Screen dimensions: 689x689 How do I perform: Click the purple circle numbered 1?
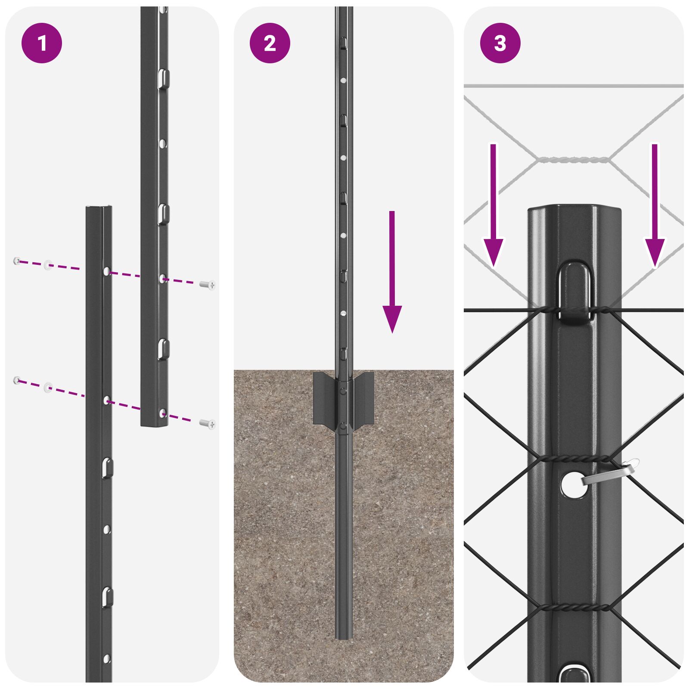tap(42, 43)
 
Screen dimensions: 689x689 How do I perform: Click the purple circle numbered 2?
tap(270, 43)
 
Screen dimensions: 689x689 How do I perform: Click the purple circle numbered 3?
tap(500, 43)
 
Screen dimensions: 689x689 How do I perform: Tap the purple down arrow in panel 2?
tap(392, 271)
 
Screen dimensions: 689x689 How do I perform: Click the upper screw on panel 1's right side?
tap(208, 285)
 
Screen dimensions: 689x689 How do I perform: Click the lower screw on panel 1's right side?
tap(208, 424)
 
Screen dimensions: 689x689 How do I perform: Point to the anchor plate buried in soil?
tap(343, 398)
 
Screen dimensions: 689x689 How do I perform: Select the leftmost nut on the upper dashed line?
tap(17, 261)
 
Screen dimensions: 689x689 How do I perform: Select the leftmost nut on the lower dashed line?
tap(17, 380)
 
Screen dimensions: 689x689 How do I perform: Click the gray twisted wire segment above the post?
tap(573, 160)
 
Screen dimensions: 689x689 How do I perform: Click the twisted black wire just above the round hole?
tap(575, 459)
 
